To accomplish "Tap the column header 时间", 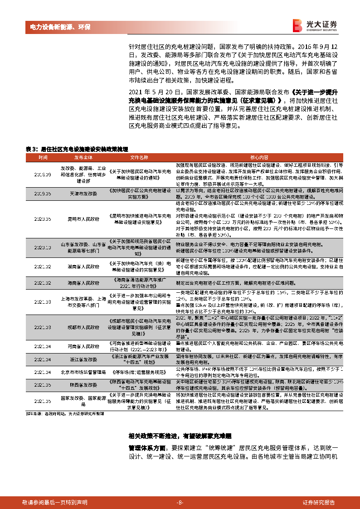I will (43, 157).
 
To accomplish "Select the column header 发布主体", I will (83, 157).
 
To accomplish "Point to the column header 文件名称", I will (139, 157).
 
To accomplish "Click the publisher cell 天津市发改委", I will (83, 193).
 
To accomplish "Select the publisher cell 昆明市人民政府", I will (83, 219).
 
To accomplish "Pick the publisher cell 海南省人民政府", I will (83, 283).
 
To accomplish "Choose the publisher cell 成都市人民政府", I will (83, 326).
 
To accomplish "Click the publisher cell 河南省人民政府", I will (83, 346).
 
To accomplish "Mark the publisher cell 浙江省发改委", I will (83, 359).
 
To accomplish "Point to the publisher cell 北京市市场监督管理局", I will (83, 372).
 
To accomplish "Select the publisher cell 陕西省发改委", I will (83, 385).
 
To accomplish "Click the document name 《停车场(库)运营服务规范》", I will (139, 372).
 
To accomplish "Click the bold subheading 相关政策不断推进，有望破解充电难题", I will (180, 436).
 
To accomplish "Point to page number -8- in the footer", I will (180, 502).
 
